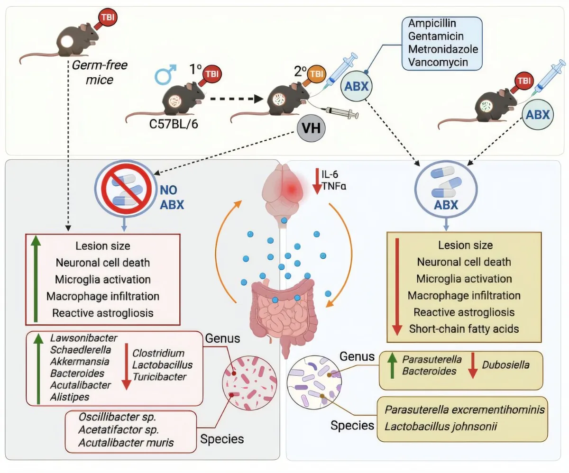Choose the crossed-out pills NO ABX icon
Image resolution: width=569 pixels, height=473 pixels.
[123, 188]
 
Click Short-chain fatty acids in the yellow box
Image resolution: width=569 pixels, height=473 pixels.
[464, 328]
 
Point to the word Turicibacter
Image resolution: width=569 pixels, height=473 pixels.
[159, 377]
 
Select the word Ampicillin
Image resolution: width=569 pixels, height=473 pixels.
[430, 24]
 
